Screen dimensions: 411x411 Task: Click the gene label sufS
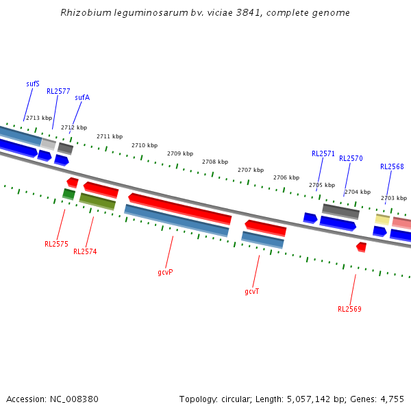33,84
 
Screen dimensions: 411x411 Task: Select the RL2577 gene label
58,91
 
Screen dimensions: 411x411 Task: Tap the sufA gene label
82,97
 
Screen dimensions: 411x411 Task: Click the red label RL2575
56,244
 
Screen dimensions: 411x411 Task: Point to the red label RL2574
85,251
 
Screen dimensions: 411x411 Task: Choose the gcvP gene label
165,272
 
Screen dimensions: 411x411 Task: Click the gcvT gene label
252,291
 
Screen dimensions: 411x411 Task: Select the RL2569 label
349,309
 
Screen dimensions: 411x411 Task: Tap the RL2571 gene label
323,153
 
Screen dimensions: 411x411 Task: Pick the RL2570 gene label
351,158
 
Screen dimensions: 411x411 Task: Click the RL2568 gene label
392,166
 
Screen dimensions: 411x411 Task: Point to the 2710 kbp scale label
145,145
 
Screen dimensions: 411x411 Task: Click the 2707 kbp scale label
251,170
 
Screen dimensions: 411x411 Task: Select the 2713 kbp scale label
39,118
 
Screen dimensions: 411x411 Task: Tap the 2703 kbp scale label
394,198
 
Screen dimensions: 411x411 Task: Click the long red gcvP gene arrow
179,208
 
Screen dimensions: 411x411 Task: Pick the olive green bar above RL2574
97,201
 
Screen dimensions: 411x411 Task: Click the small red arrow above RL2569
361,246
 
